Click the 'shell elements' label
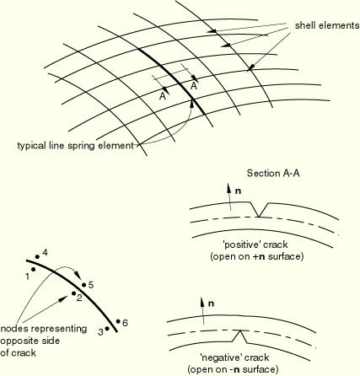pos(327,25)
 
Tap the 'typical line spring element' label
pos(75,146)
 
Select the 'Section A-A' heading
pos(273,173)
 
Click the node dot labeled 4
pos(37,256)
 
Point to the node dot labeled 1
pos(34,270)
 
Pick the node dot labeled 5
pos(83,285)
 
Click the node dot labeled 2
pos(73,293)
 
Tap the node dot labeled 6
pos(118,321)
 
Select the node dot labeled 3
pos(107,328)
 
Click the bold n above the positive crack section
pos(238,191)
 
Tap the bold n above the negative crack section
pos(211,303)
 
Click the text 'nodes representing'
pos(44,329)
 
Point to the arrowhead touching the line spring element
pos(192,102)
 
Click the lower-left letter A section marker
pos(163,96)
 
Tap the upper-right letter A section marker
pos(194,86)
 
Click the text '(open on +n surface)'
pos(257,257)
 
